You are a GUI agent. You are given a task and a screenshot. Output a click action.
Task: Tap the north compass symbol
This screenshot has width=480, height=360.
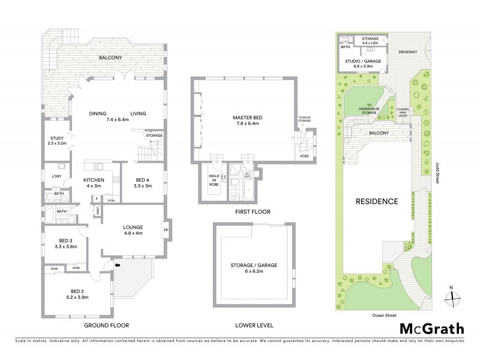click(454, 295)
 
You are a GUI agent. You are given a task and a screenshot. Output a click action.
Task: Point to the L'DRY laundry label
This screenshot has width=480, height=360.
click(56, 176)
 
